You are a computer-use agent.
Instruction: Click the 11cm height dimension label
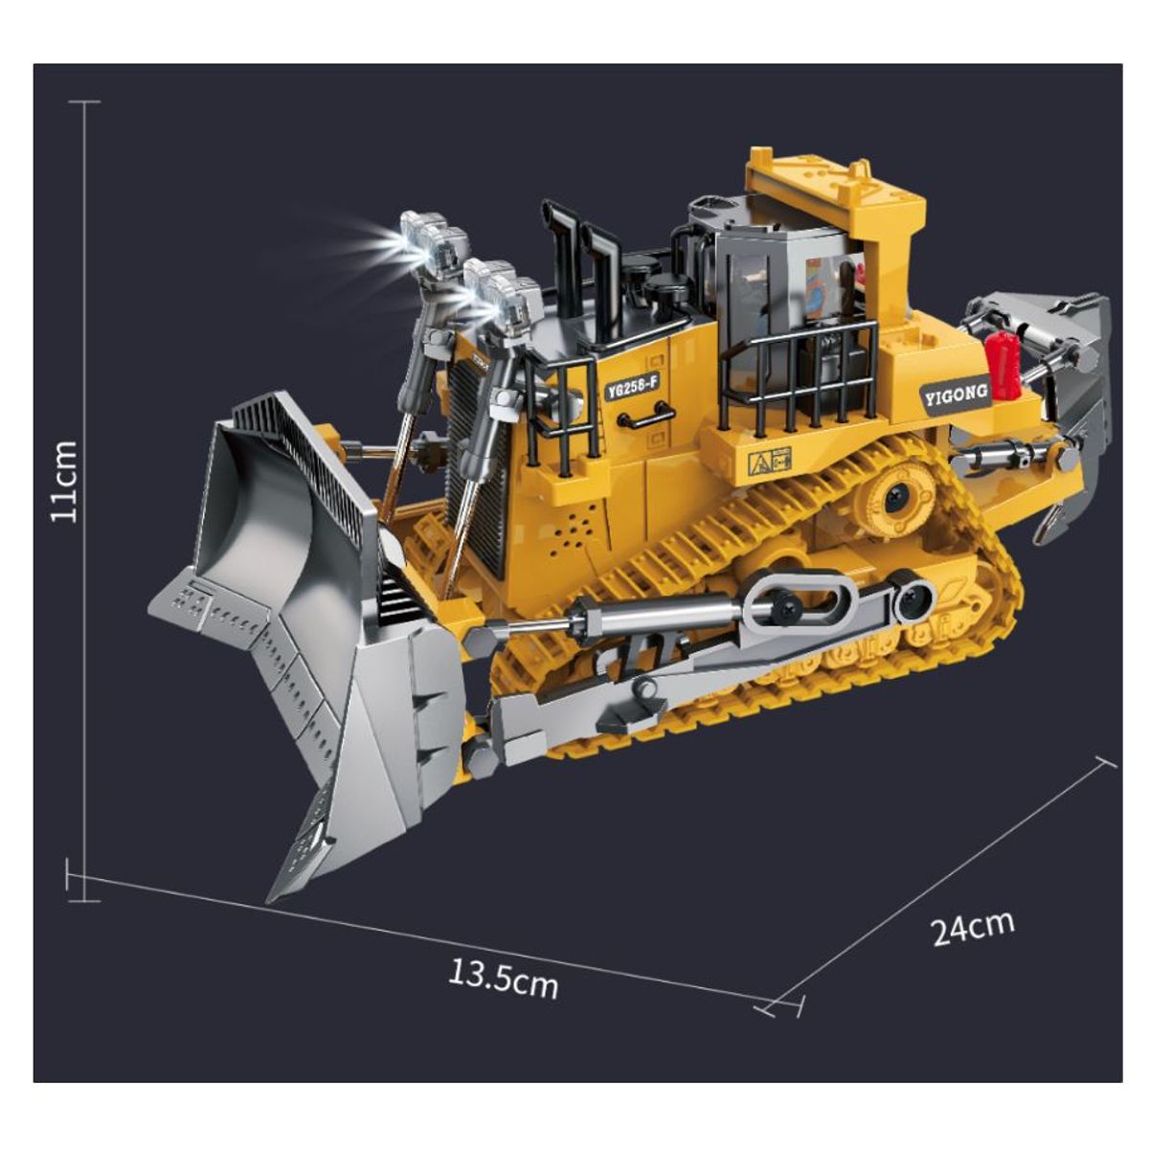[x=64, y=482]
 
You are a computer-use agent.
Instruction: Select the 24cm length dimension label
[x=973, y=927]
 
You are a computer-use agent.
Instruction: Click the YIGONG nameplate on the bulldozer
[x=956, y=394]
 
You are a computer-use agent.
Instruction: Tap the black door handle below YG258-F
[x=646, y=415]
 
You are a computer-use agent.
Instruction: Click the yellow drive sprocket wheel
[x=894, y=496]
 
